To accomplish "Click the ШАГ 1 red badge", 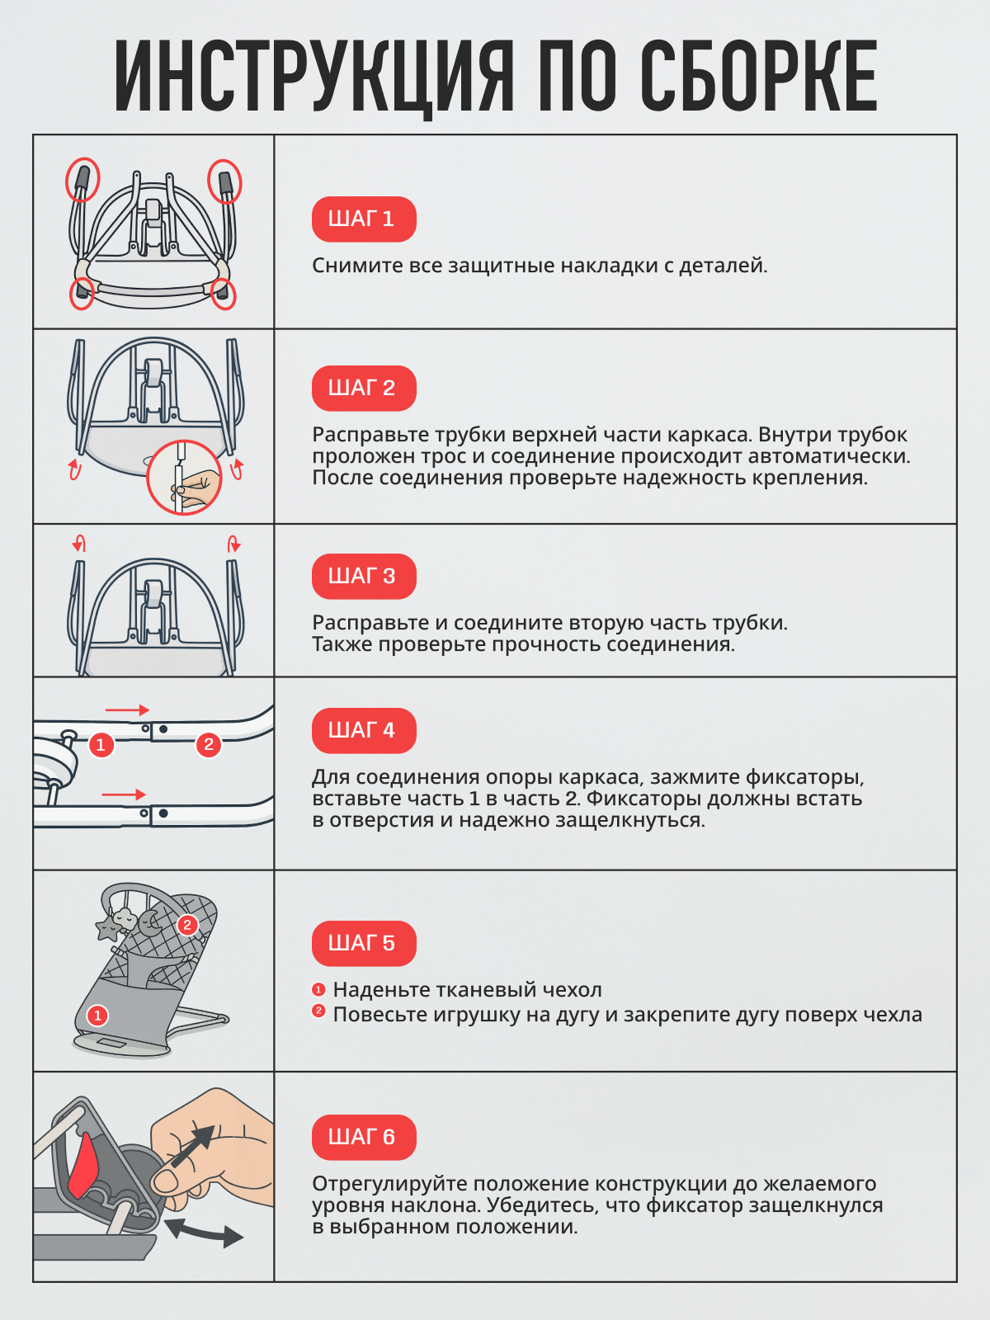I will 363,219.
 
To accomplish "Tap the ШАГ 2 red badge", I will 363,389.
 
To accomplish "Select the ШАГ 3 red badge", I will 363,577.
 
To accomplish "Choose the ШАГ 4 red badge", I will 363,731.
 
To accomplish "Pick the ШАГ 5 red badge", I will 363,944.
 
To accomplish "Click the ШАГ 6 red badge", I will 363,1138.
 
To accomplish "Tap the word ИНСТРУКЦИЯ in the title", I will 313,77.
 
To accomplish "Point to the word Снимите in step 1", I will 357,266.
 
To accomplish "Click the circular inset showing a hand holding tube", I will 184,478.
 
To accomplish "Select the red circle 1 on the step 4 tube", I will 101,745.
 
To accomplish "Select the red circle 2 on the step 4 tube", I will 209,745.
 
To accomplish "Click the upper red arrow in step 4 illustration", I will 127,710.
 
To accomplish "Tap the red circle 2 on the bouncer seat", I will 187,925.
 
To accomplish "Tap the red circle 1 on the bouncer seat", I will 97,1016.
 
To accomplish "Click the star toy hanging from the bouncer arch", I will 108,929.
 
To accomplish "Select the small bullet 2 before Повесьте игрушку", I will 318,1011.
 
